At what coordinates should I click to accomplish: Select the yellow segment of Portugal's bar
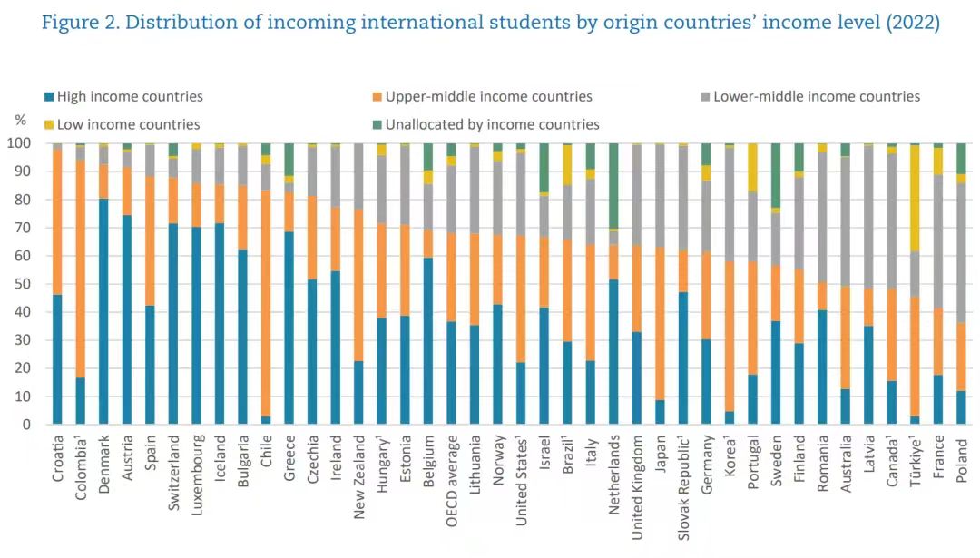click(x=752, y=167)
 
